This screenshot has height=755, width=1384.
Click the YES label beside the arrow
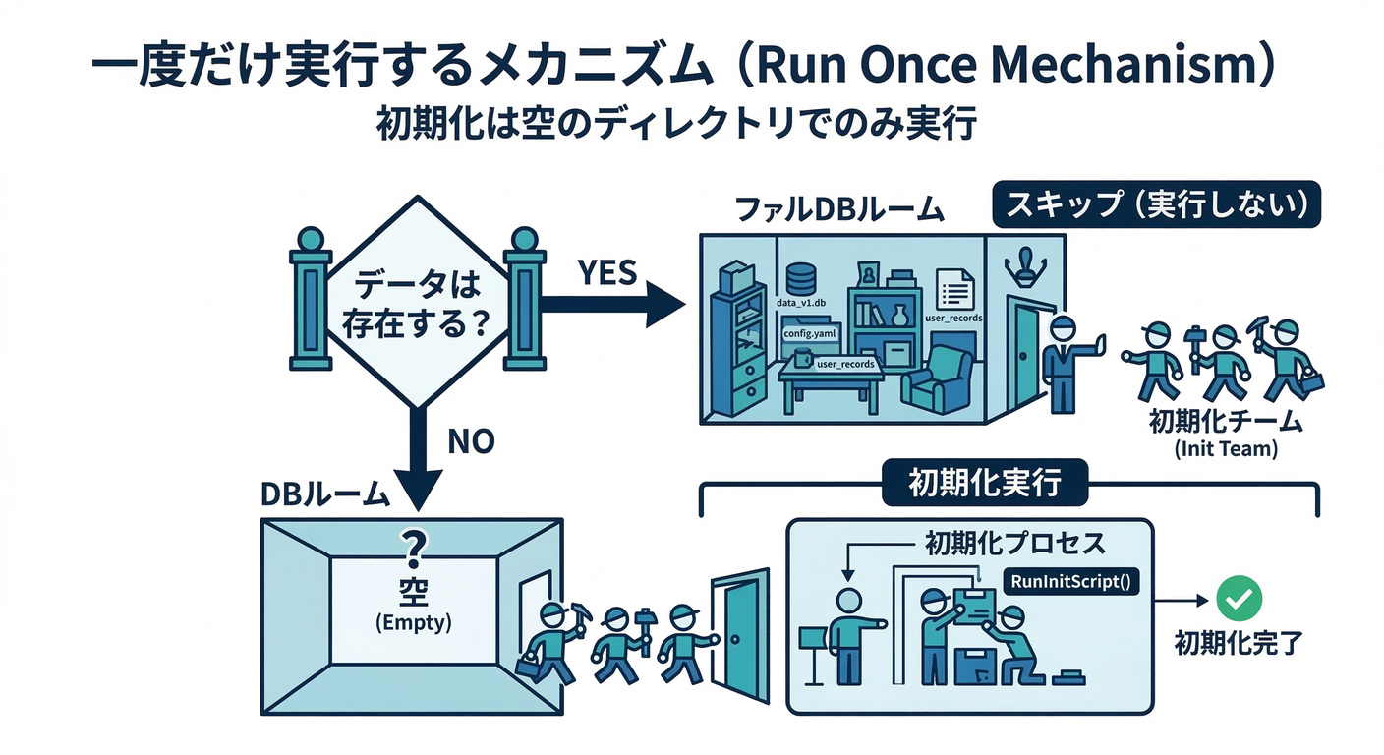(607, 272)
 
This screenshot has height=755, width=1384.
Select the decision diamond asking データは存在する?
(418, 303)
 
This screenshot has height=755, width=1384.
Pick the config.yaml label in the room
(808, 333)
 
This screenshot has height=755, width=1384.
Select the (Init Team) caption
(1225, 450)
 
